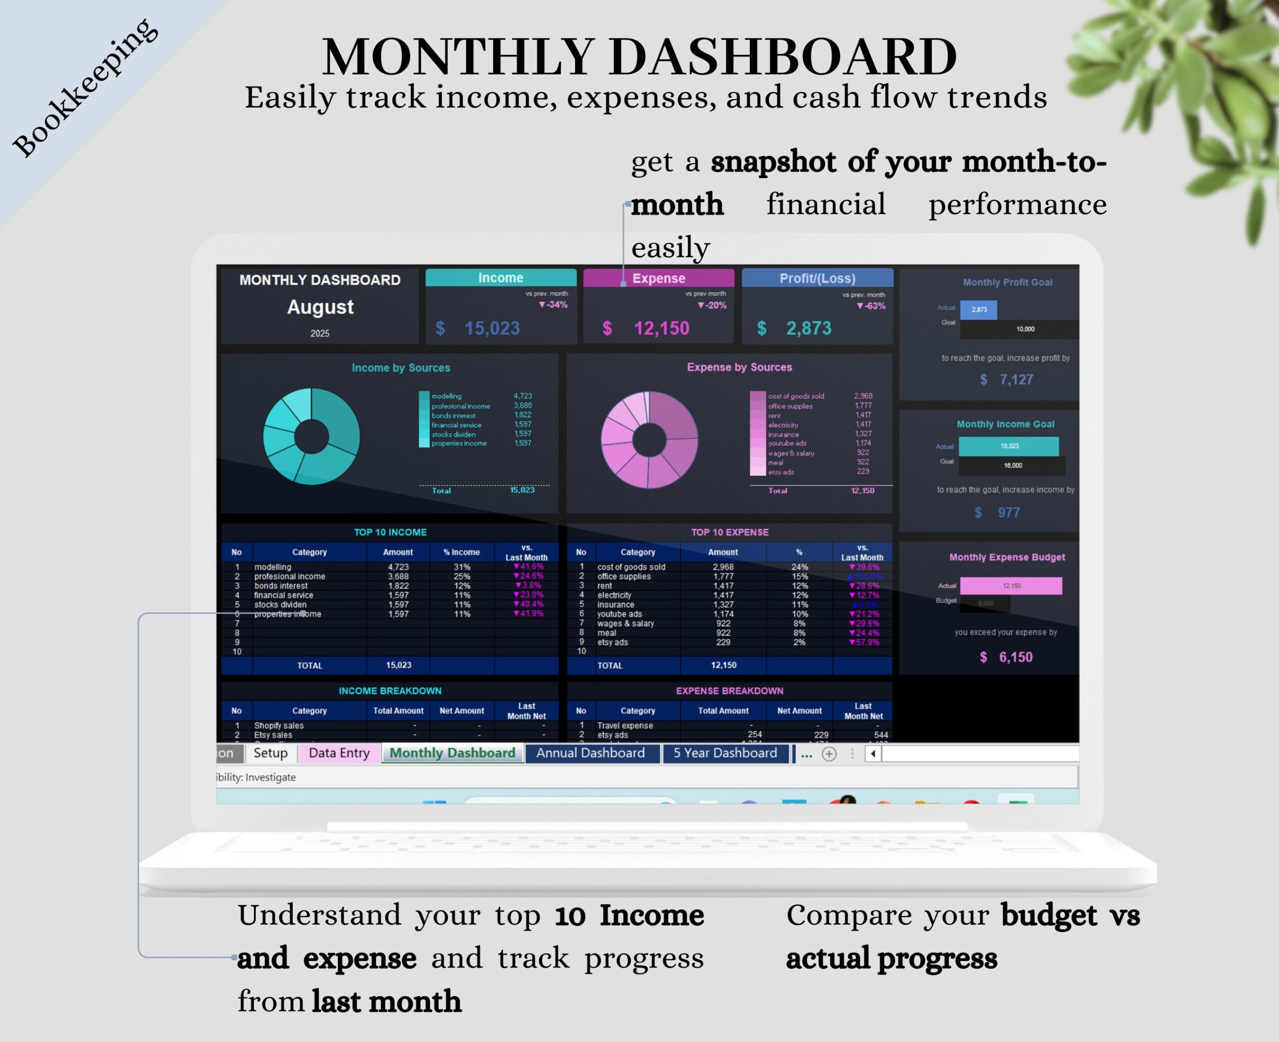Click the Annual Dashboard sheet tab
click(591, 753)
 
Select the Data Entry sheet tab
click(339, 753)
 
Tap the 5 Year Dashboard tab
click(724, 753)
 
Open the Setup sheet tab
click(270, 753)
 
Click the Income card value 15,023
click(492, 328)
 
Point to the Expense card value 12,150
click(661, 328)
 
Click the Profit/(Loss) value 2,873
click(808, 328)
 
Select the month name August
click(320, 307)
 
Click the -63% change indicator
click(871, 306)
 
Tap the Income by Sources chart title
click(400, 367)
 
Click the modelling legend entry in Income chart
click(447, 396)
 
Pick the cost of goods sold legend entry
click(796, 396)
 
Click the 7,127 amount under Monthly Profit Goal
click(1016, 379)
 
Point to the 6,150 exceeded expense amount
click(1016, 657)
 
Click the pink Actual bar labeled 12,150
click(1011, 586)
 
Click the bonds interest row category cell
click(281, 586)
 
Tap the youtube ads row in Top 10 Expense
click(620, 614)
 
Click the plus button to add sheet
click(829, 754)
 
